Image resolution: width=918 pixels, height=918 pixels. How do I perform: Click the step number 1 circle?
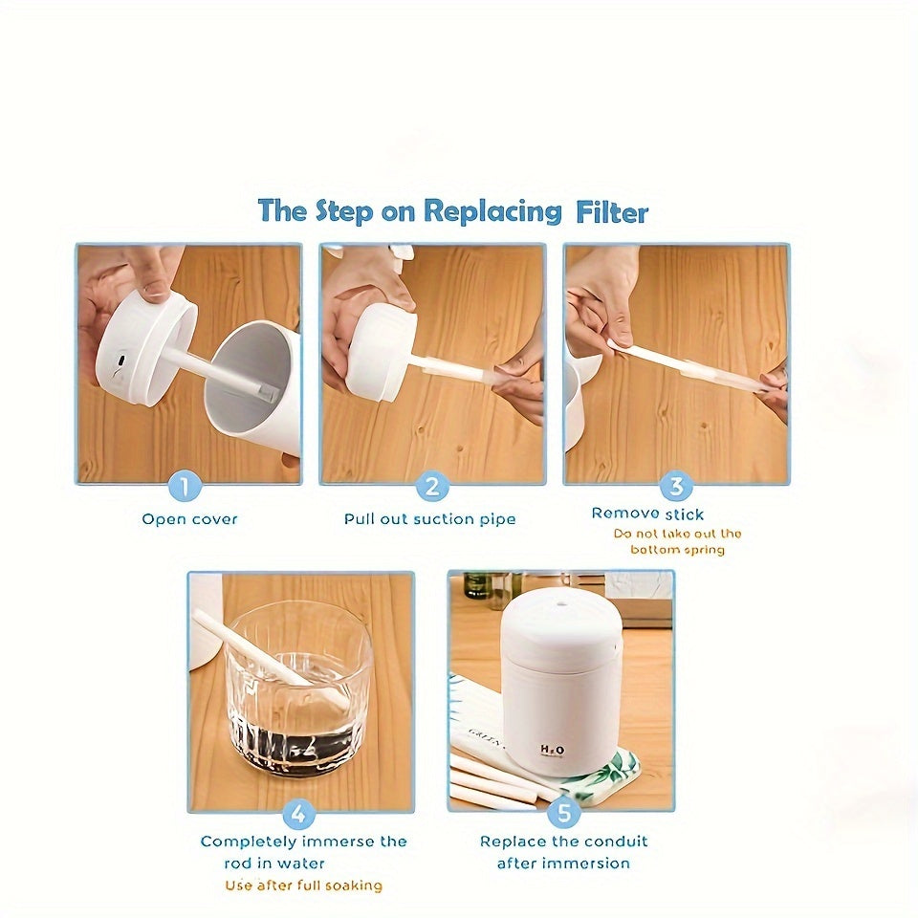click(x=186, y=488)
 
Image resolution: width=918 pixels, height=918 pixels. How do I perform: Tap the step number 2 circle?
click(x=431, y=488)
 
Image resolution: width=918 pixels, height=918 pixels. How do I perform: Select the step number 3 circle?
click(x=676, y=487)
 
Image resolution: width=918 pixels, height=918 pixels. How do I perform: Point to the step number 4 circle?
click(x=299, y=815)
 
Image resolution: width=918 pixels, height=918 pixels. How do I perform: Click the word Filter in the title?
click(x=612, y=211)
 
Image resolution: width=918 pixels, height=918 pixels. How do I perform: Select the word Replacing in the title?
click(x=492, y=210)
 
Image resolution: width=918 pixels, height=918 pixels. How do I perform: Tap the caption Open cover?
click(x=189, y=519)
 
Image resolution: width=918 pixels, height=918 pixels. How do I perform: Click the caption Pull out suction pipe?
click(x=430, y=519)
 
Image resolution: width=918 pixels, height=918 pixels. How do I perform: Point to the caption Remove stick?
click(x=647, y=514)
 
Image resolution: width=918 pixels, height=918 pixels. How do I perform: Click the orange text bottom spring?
click(x=678, y=550)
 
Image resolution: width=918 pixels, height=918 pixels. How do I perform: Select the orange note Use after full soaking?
click(x=304, y=885)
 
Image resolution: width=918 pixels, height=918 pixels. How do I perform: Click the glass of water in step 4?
click(x=298, y=698)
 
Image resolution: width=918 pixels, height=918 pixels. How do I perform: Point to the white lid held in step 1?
click(x=143, y=349)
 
